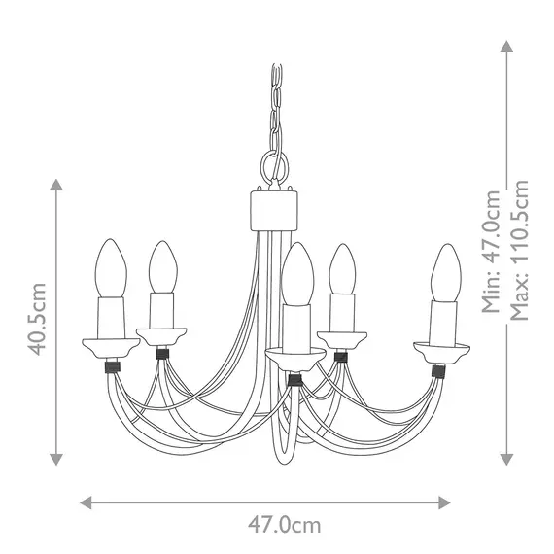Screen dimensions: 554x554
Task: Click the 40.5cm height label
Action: click(x=38, y=319)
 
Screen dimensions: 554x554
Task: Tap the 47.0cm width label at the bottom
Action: click(x=284, y=526)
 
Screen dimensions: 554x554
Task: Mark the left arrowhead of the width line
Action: click(x=85, y=502)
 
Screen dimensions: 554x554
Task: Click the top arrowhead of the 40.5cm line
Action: click(x=56, y=185)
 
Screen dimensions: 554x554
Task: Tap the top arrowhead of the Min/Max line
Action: click(x=506, y=46)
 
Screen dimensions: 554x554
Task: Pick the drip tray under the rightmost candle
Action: click(x=442, y=347)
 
